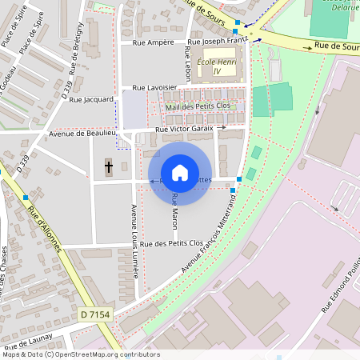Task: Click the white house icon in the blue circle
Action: (180, 173)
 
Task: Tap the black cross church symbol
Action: (109, 167)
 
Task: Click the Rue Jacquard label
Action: (92, 100)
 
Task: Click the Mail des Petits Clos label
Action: (198, 106)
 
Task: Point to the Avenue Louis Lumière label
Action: (134, 240)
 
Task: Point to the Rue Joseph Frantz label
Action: (218, 41)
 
